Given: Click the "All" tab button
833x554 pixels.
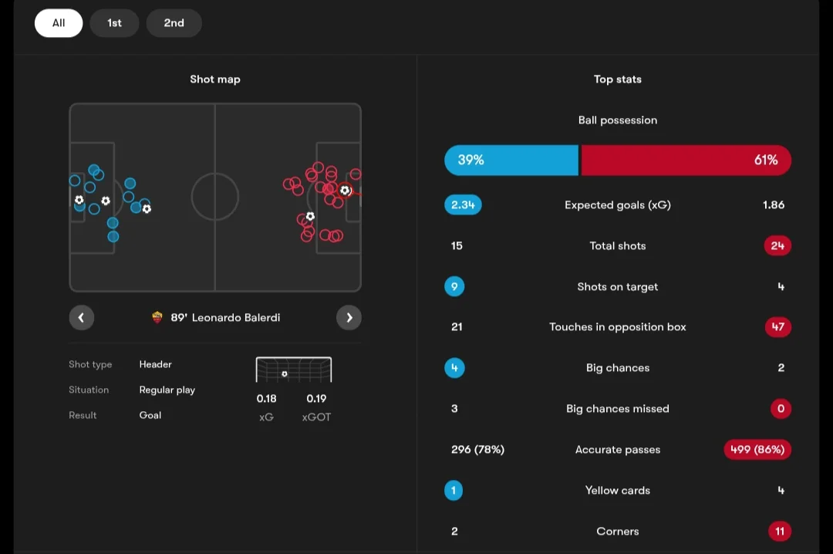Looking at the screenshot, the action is click(59, 23).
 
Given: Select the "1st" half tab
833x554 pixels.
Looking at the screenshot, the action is click(114, 23).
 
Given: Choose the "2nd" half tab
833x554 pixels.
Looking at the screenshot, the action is click(174, 23).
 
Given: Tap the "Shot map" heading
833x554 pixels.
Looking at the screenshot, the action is click(215, 79).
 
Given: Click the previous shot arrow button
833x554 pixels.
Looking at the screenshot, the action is click(81, 317).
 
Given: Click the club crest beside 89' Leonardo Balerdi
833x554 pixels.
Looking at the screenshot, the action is click(157, 317).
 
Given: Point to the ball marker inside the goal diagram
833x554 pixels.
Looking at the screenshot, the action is click(284, 373).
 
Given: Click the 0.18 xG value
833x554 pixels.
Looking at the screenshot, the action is click(267, 398).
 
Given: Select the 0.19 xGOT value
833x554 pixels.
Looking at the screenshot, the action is click(317, 398).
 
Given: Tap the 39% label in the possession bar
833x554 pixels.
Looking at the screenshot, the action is click(470, 160).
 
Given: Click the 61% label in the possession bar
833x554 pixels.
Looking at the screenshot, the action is click(766, 160).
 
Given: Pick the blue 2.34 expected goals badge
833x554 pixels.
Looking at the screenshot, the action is click(463, 204).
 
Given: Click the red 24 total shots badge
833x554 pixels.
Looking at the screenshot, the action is click(777, 245).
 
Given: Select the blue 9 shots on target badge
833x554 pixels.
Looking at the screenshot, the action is click(454, 286).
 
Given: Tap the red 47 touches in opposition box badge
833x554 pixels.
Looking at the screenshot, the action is click(777, 326).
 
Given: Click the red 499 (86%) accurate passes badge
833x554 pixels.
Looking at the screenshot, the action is click(757, 449).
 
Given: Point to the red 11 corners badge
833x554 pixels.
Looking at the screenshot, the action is click(780, 531).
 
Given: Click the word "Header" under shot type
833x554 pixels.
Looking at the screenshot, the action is click(156, 364).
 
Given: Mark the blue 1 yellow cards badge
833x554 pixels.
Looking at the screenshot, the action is click(454, 490).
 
